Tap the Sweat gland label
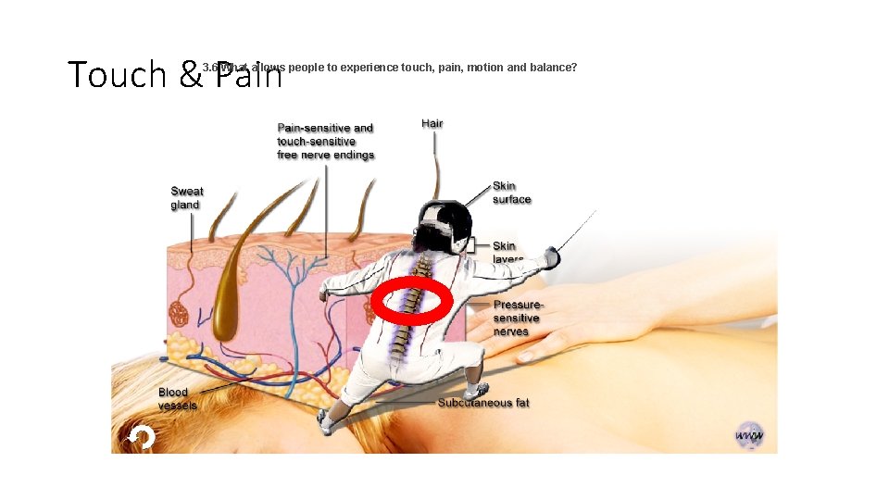[186, 198]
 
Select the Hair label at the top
[432, 124]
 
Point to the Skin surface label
[512, 193]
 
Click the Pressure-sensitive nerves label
[518, 318]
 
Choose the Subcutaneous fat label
[483, 403]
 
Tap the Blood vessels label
[177, 399]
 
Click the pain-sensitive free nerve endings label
[325, 142]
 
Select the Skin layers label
[507, 251]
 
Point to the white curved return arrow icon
[141, 437]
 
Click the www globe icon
[748, 435]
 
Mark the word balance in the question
[555, 68]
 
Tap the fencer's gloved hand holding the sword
[553, 256]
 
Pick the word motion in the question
[487, 68]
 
